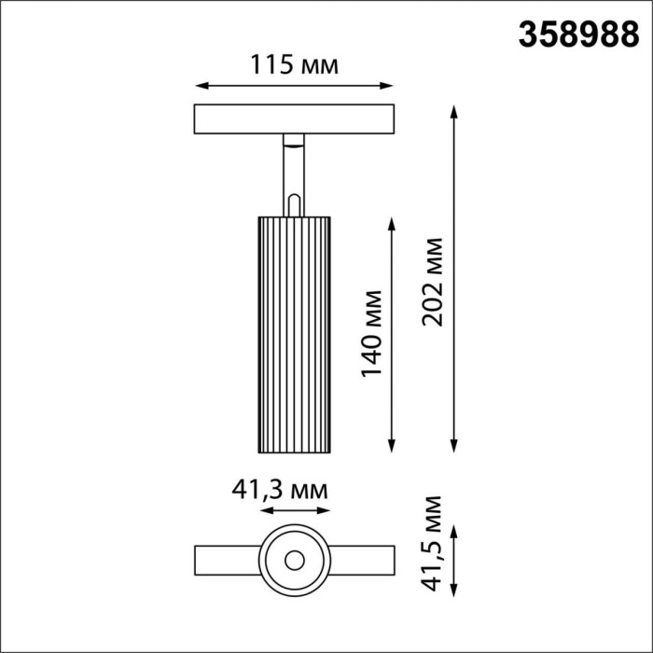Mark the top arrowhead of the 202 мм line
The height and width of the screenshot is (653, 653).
click(x=455, y=110)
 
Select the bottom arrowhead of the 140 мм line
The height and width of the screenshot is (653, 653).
click(x=392, y=449)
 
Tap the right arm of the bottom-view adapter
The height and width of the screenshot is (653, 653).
click(x=362, y=561)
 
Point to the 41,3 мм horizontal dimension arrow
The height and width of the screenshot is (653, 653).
click(x=295, y=511)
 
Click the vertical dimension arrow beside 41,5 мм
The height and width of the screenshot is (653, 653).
click(x=455, y=560)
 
